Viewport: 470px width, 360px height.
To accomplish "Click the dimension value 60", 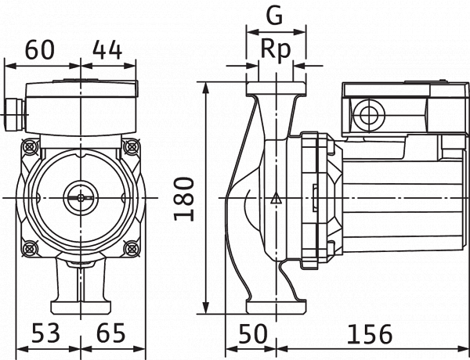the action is (x=40, y=50).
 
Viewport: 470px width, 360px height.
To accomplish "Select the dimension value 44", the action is (x=107, y=50).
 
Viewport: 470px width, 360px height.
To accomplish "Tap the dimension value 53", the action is (x=45, y=333).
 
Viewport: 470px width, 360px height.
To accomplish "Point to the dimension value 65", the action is (x=111, y=333).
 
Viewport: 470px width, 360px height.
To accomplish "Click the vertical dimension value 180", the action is (x=184, y=199).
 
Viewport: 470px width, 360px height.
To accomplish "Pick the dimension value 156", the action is (x=370, y=333).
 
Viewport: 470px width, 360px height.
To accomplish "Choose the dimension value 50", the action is (x=253, y=333).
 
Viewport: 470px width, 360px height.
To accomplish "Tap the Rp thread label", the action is (x=276, y=49).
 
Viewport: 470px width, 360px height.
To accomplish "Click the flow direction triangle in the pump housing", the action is (x=276, y=198).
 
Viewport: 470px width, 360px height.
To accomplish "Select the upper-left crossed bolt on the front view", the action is (x=30, y=147).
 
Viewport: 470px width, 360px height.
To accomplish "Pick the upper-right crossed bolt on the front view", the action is (x=132, y=147).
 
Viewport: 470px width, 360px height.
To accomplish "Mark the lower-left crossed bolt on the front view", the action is (x=30, y=248).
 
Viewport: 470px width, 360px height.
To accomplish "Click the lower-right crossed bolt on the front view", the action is (x=132, y=248).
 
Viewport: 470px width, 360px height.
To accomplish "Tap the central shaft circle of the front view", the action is (x=81, y=198).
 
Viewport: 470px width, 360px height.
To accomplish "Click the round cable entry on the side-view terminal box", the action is (x=369, y=115).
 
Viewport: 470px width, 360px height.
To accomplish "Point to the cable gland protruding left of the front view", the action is (x=14, y=115).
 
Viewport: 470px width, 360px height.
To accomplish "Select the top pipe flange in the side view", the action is (x=276, y=89).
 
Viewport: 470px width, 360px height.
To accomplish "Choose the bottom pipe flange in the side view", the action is (x=276, y=306).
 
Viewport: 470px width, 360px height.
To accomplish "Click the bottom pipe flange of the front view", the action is (x=81, y=308).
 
